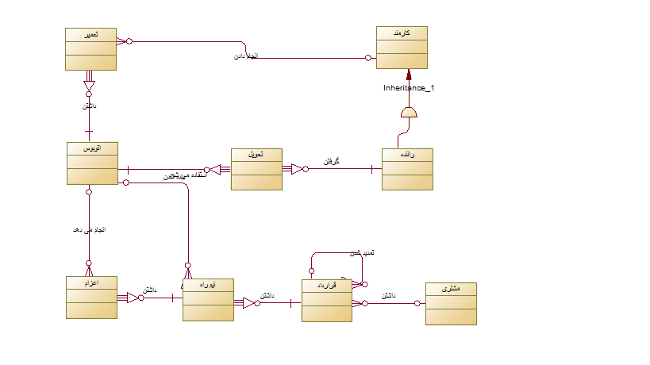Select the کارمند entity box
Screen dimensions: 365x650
pos(402,48)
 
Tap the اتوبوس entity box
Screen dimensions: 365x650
pos(93,163)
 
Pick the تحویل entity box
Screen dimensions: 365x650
pos(256,169)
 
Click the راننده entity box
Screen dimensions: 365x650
pos(407,169)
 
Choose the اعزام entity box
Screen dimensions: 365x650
pos(91,298)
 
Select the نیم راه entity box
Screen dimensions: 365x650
pos(208,299)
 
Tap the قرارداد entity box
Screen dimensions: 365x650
pos(326,300)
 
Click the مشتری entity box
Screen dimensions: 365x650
pos(451,303)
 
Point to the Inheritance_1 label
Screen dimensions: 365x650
pos(409,88)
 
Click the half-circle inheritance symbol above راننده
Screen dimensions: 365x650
pos(409,113)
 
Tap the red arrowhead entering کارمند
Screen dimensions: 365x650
pos(409,74)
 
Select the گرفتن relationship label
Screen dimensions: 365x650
pos(332,161)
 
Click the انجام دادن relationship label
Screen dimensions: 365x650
pos(246,57)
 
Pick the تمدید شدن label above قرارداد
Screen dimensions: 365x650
pos(361,253)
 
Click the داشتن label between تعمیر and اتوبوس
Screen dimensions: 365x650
pos(89,106)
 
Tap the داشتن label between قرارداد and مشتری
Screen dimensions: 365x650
pos(389,295)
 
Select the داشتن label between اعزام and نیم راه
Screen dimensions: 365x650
pos(150,290)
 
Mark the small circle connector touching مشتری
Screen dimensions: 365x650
pos(418,302)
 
